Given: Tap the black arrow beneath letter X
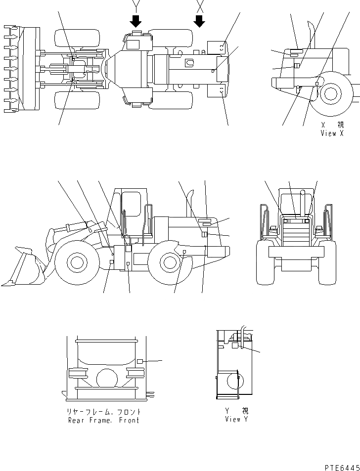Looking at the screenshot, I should click(x=200, y=21).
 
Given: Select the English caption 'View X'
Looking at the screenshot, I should click(x=332, y=133).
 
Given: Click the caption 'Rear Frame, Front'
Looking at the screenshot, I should click(x=103, y=420).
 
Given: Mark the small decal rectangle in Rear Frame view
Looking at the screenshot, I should click(x=140, y=362).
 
